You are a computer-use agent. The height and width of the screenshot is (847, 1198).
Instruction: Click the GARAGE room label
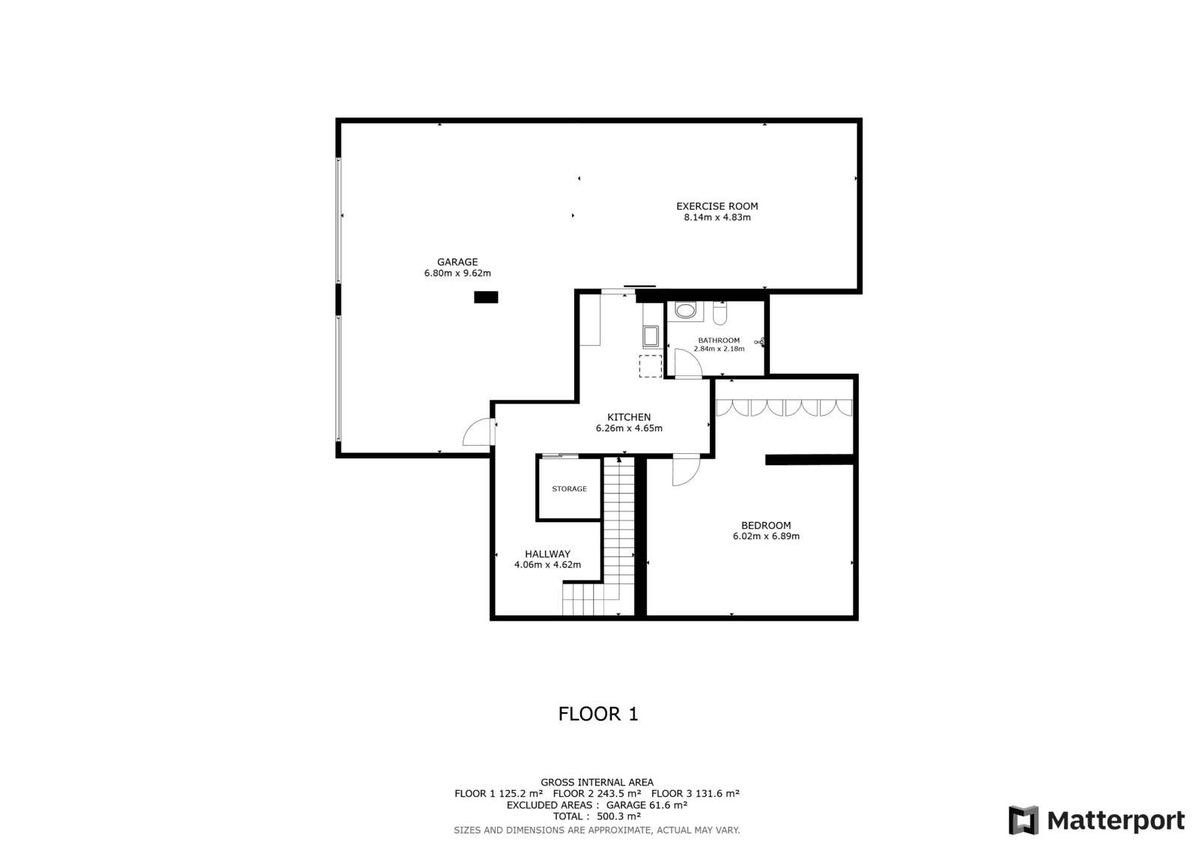457,262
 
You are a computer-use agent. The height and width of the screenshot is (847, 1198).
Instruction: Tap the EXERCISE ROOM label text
717,206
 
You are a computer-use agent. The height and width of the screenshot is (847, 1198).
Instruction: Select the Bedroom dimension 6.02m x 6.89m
766,536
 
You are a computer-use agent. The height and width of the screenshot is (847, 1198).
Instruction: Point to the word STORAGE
569,488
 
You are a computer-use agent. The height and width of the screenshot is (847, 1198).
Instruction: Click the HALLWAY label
547,553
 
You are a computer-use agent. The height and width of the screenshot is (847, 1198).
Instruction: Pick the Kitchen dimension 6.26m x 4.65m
629,428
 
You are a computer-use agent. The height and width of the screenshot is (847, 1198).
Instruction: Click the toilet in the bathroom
720,314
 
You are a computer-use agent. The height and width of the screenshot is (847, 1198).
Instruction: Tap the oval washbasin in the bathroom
685,310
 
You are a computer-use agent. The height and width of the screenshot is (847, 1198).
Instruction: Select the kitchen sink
651,336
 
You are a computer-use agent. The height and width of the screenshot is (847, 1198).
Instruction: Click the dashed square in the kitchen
651,366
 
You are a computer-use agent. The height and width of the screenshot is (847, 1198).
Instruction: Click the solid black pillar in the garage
486,297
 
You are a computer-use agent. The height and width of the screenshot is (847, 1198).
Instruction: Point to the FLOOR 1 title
598,714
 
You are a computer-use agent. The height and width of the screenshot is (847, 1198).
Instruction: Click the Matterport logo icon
1023,820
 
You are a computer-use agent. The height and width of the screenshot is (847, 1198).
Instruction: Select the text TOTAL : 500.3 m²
597,816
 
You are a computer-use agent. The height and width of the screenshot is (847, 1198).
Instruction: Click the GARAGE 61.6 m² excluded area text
647,805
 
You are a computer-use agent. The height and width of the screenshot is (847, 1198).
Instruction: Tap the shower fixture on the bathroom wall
760,342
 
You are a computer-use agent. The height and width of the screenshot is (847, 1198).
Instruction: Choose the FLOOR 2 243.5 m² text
597,794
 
